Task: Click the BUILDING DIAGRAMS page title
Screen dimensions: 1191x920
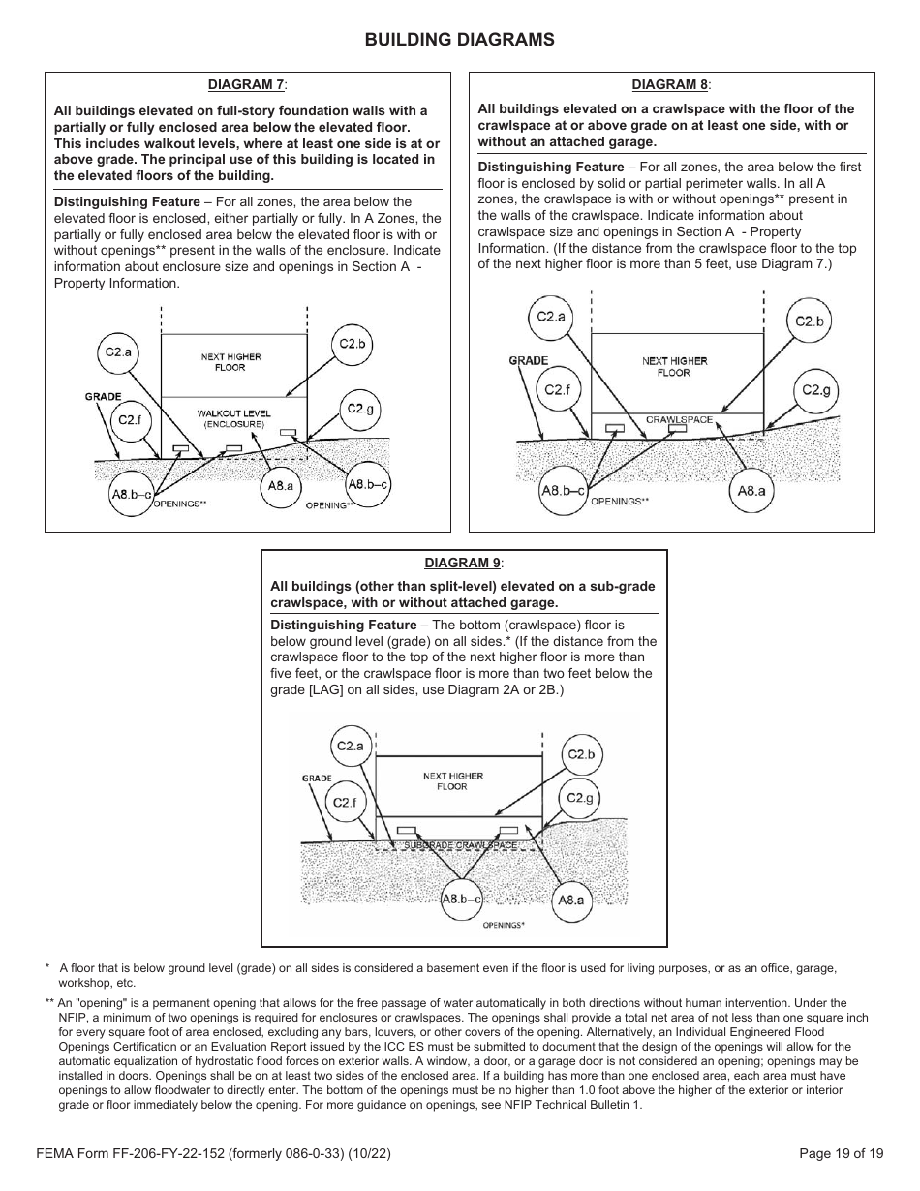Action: tap(459, 40)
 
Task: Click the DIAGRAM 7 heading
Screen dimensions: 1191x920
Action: tap(247, 85)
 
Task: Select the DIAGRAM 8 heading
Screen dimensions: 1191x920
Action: tap(671, 85)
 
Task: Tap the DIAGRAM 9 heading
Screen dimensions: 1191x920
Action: tap(463, 563)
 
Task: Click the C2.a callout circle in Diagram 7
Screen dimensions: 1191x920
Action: tap(118, 352)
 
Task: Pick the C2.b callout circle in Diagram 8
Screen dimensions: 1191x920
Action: tap(809, 321)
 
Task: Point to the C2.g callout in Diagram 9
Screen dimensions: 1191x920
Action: tap(579, 798)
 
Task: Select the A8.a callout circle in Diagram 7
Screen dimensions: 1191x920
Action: tap(281, 486)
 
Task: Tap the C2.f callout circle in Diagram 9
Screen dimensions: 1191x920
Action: tap(346, 803)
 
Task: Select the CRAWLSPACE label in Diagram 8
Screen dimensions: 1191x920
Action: tap(679, 420)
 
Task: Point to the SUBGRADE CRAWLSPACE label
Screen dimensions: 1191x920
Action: tap(460, 845)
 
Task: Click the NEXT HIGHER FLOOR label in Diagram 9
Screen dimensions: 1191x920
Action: tap(452, 781)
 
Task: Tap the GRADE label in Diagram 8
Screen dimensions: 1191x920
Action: tap(529, 360)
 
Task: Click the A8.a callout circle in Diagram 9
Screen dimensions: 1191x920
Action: tap(571, 901)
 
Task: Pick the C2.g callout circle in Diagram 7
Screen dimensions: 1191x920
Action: tap(360, 409)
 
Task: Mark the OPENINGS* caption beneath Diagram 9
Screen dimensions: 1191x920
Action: tap(504, 926)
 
